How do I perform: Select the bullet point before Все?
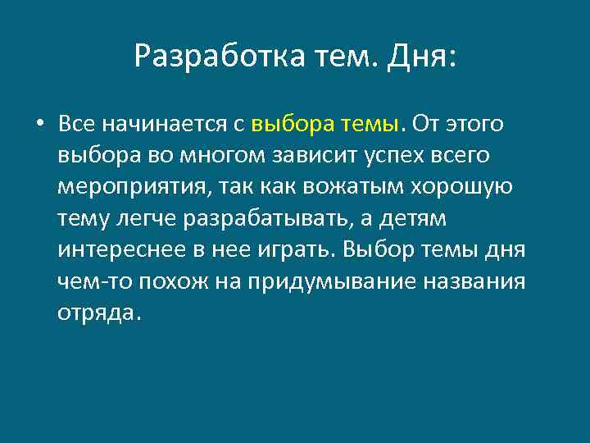pyautogui.click(x=39, y=125)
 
